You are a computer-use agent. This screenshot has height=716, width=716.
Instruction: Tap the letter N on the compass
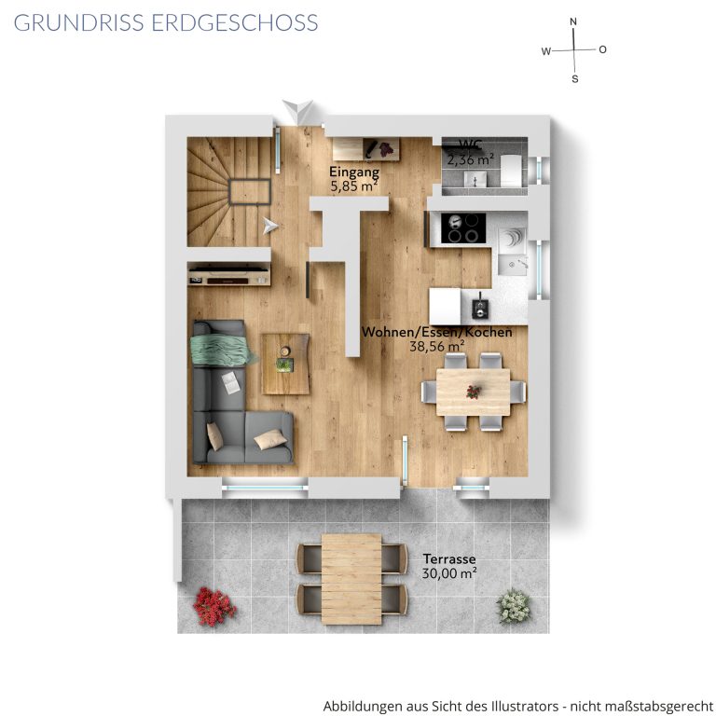[573, 21]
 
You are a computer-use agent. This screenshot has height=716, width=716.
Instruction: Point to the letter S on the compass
[575, 79]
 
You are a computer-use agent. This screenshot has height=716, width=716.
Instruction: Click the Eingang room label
[354, 172]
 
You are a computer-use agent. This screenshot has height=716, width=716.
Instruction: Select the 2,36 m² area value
[470, 159]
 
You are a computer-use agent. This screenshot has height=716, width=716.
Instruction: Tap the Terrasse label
[448, 559]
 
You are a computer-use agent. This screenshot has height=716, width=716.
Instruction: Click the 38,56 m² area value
[436, 346]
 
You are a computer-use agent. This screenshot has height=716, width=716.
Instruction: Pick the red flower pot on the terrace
[214, 606]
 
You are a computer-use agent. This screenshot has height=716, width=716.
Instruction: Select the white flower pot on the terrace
[515, 606]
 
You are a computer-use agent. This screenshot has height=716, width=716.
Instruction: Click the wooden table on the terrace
[351, 579]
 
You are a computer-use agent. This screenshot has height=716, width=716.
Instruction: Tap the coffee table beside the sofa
[285, 364]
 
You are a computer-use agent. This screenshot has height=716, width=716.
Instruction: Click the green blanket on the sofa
[221, 350]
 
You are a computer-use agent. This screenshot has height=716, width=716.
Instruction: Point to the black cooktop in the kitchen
[463, 228]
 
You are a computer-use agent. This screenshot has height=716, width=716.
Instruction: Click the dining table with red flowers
[473, 392]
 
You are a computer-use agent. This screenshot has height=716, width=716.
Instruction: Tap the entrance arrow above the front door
[297, 111]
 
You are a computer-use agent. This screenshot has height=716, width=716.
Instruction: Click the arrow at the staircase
[269, 226]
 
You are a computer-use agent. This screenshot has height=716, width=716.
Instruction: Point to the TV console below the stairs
[228, 274]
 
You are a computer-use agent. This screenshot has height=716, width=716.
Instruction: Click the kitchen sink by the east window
[514, 264]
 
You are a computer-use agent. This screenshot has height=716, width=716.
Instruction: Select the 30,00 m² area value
[449, 573]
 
